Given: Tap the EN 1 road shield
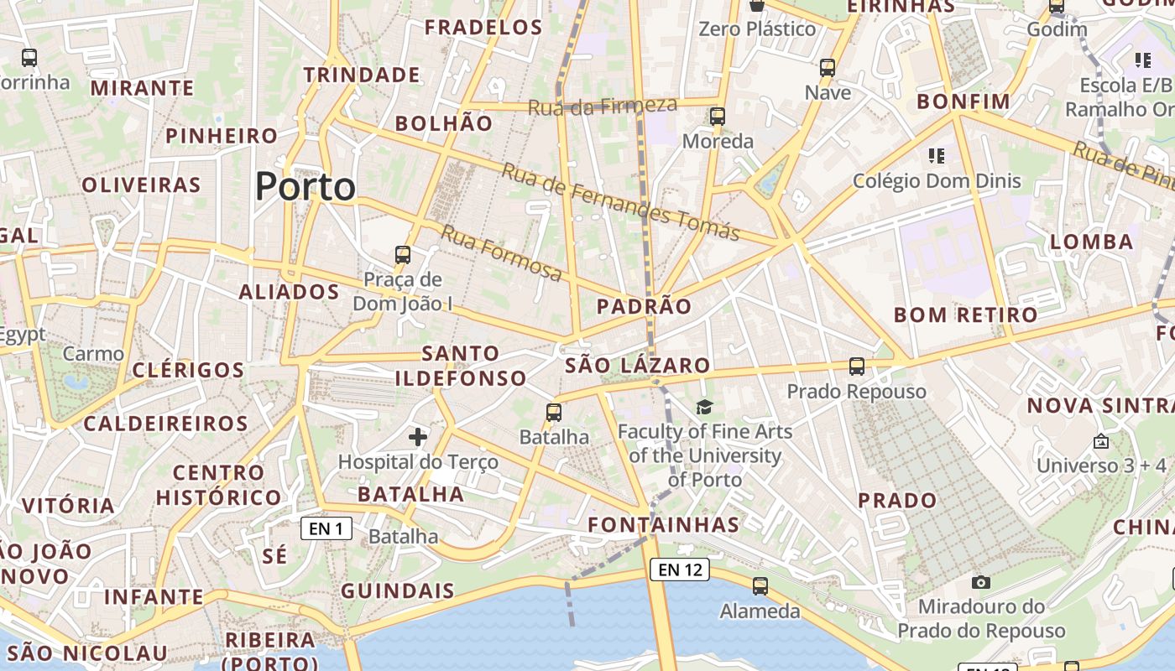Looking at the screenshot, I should click(x=326, y=528).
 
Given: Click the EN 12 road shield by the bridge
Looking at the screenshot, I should click(x=680, y=570).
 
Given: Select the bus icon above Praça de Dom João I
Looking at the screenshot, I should click(x=403, y=254).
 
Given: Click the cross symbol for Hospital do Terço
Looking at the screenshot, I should click(x=418, y=436).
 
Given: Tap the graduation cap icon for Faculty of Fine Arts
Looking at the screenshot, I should click(x=704, y=408).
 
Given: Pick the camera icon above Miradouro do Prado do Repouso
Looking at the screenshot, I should click(x=980, y=582).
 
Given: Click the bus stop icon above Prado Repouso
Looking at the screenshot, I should click(x=856, y=367).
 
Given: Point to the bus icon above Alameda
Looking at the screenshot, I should click(x=760, y=586).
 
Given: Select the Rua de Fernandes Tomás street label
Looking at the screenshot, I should click(x=621, y=202).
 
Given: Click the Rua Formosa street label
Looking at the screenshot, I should click(x=501, y=253).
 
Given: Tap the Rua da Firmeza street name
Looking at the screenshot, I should click(x=602, y=107).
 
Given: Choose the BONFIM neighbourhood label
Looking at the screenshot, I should click(x=963, y=102).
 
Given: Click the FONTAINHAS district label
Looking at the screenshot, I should click(x=663, y=526).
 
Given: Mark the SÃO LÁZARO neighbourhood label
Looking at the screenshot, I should click(x=638, y=366).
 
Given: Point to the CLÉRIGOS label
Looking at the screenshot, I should click(x=188, y=370).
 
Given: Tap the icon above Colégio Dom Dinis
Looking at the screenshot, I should click(x=937, y=156).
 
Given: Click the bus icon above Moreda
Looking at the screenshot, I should click(x=717, y=117).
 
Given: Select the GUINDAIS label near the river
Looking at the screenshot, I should click(x=398, y=591).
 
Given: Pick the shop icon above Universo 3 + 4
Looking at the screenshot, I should click(x=1101, y=441).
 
